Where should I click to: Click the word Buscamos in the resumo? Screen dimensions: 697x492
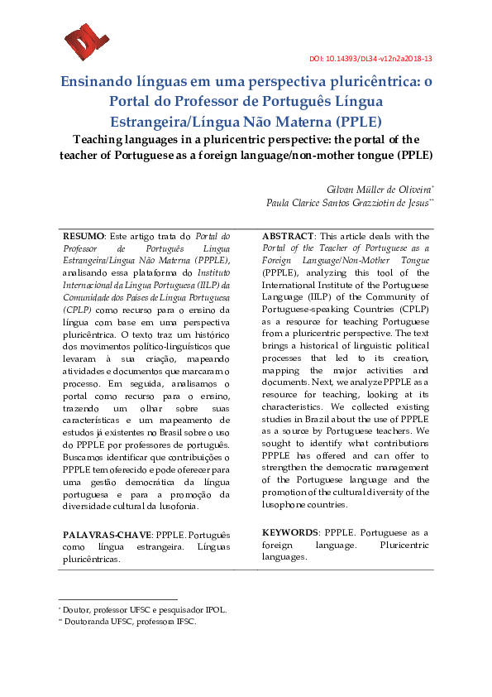[x=86, y=457]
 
